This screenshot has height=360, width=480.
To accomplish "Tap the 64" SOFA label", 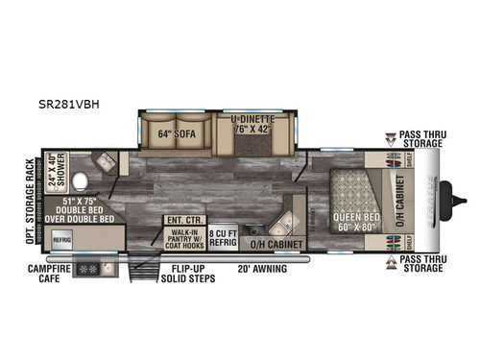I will tap(177, 134).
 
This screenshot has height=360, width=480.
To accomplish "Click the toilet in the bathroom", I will tap(83, 180).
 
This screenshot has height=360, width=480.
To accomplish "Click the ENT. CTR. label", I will tap(179, 221).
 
